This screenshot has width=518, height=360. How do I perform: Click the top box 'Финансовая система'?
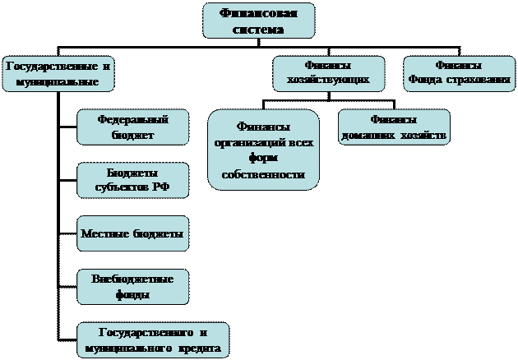258,21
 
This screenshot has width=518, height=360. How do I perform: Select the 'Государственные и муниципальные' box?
58,73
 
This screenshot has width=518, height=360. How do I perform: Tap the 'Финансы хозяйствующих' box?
328,73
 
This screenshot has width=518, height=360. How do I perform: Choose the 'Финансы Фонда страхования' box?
458,73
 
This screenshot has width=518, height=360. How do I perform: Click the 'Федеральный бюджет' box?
132,127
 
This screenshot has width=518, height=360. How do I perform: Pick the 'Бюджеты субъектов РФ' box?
132,180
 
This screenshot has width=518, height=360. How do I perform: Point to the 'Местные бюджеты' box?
132,234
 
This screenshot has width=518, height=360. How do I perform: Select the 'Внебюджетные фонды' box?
132,287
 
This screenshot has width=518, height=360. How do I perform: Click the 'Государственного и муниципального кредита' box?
152,340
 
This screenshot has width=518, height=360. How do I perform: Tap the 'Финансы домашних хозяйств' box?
394,127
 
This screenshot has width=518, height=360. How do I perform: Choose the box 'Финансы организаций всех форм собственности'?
263,150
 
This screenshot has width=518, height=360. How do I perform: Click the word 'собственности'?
263,176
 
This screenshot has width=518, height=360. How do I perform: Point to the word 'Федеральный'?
132,119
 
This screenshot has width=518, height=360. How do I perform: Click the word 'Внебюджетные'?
132,279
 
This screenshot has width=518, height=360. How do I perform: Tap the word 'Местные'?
104,234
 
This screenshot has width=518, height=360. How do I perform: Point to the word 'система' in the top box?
258,30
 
